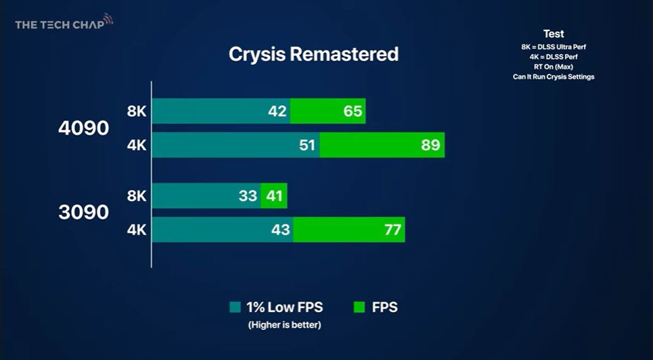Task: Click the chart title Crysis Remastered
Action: pyautogui.click(x=313, y=55)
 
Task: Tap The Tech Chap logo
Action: pyautogui.click(x=64, y=23)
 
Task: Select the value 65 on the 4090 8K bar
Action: pyautogui.click(x=353, y=111)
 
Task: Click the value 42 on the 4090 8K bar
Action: pyautogui.click(x=277, y=111)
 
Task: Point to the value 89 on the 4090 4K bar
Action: pyautogui.click(x=430, y=145)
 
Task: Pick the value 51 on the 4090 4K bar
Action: pyautogui.click(x=307, y=145)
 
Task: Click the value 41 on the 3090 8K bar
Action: pyautogui.click(x=275, y=196)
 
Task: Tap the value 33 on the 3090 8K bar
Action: pyautogui.click(x=248, y=196)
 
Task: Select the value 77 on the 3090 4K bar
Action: pyautogui.click(x=392, y=229)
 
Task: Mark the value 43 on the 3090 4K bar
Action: pyautogui.click(x=280, y=229)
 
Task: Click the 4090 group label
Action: pyautogui.click(x=84, y=129)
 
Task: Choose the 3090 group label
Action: pyautogui.click(x=84, y=212)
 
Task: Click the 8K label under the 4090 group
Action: pyautogui.click(x=137, y=111)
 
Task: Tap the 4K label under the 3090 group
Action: pyautogui.click(x=137, y=229)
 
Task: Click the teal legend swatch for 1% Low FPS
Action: pyautogui.click(x=235, y=307)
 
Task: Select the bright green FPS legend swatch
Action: pyautogui.click(x=359, y=307)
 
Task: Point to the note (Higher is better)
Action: pyautogui.click(x=285, y=325)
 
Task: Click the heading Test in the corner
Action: pyautogui.click(x=554, y=34)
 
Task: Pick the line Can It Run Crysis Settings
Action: pyautogui.click(x=554, y=76)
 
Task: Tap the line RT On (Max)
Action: pyautogui.click(x=554, y=67)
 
